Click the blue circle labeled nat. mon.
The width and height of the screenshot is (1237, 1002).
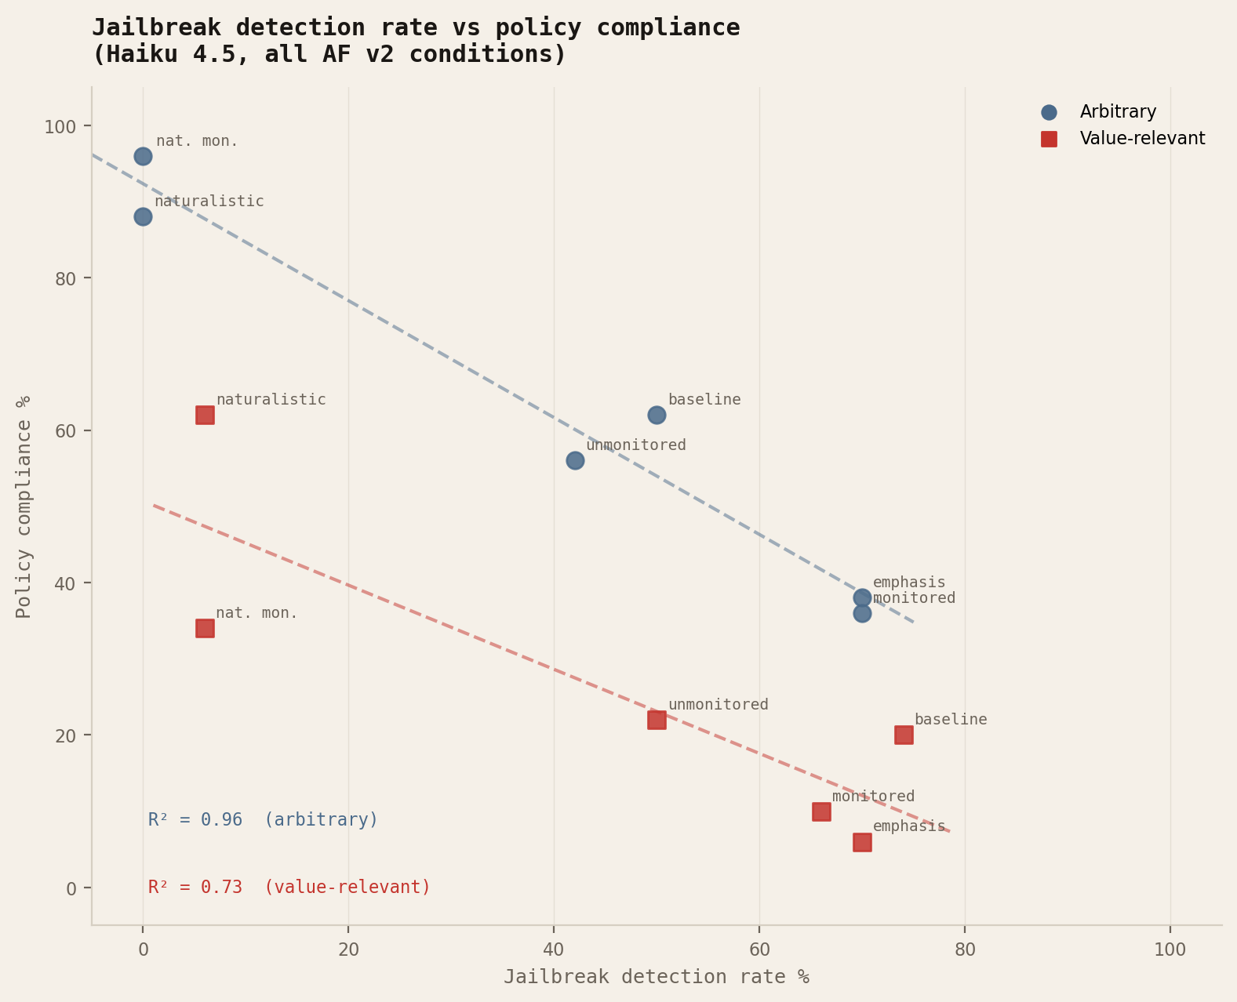pos(143,156)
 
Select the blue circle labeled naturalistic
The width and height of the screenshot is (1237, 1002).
pos(143,216)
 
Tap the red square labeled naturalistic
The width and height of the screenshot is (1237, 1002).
pos(205,415)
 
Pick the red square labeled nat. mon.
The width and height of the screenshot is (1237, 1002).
pos(205,628)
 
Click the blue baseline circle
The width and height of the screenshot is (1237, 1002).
pos(657,415)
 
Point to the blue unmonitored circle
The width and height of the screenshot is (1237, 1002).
pos(575,460)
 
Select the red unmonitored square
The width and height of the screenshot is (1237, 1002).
pos(657,720)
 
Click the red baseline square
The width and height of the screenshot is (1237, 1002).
pos(904,735)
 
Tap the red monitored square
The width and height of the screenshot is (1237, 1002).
pos(821,811)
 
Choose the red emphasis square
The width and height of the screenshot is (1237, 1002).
pos(862,842)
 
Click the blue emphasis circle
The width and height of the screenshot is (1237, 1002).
pos(862,597)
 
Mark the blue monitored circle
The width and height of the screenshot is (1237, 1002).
pos(862,613)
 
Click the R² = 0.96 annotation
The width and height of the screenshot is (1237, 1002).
pos(263,820)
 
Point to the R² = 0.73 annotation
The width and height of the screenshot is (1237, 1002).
pos(289,888)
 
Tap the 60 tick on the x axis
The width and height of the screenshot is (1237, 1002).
pos(759,949)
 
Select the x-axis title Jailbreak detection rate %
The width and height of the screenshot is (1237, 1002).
pos(656,977)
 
